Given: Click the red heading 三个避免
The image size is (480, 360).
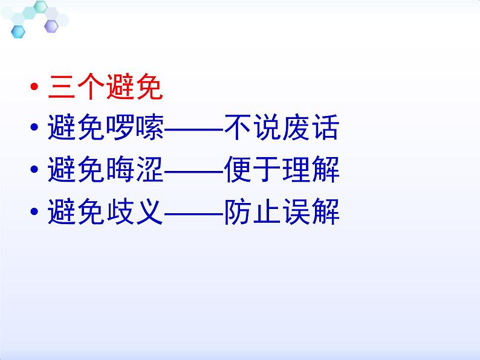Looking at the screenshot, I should pyautogui.click(x=105, y=88).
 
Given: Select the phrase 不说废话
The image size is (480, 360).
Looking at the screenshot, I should pyautogui.click(x=281, y=129).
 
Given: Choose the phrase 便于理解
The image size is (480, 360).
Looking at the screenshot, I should pyautogui.click(x=281, y=171).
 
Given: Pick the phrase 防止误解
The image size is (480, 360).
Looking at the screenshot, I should pyautogui.click(x=281, y=213).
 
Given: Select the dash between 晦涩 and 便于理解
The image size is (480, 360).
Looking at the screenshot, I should pyautogui.click(x=193, y=172).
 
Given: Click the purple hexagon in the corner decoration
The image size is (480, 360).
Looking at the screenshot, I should pyautogui.click(x=51, y=26).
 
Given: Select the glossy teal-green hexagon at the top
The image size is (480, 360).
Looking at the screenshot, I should pyautogui.click(x=41, y=7).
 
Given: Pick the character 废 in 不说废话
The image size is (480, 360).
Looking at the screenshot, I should pyautogui.click(x=296, y=129).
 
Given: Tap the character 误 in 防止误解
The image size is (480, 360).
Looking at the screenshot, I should pyautogui.click(x=296, y=213).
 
